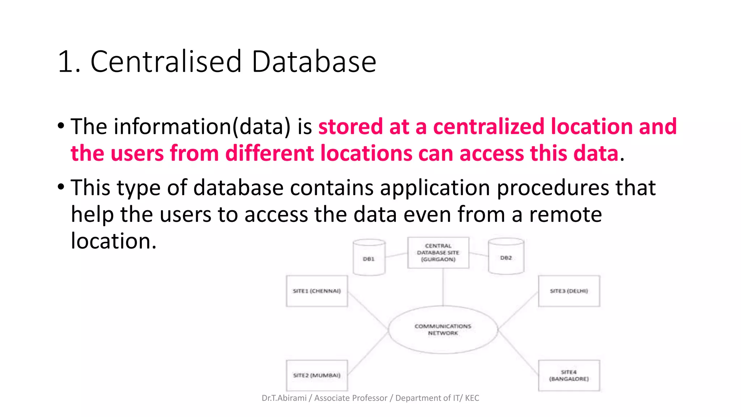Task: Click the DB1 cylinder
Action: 369,257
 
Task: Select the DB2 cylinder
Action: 506,257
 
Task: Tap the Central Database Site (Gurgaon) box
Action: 438,253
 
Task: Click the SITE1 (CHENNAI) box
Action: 317,291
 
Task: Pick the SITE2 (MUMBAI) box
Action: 317,375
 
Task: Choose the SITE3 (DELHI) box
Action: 569,291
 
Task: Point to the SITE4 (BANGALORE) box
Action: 569,375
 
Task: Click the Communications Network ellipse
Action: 443,329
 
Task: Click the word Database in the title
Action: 314,62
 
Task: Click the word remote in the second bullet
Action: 566,214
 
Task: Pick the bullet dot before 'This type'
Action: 61,187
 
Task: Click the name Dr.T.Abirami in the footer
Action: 284,398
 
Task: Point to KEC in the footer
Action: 472,398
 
